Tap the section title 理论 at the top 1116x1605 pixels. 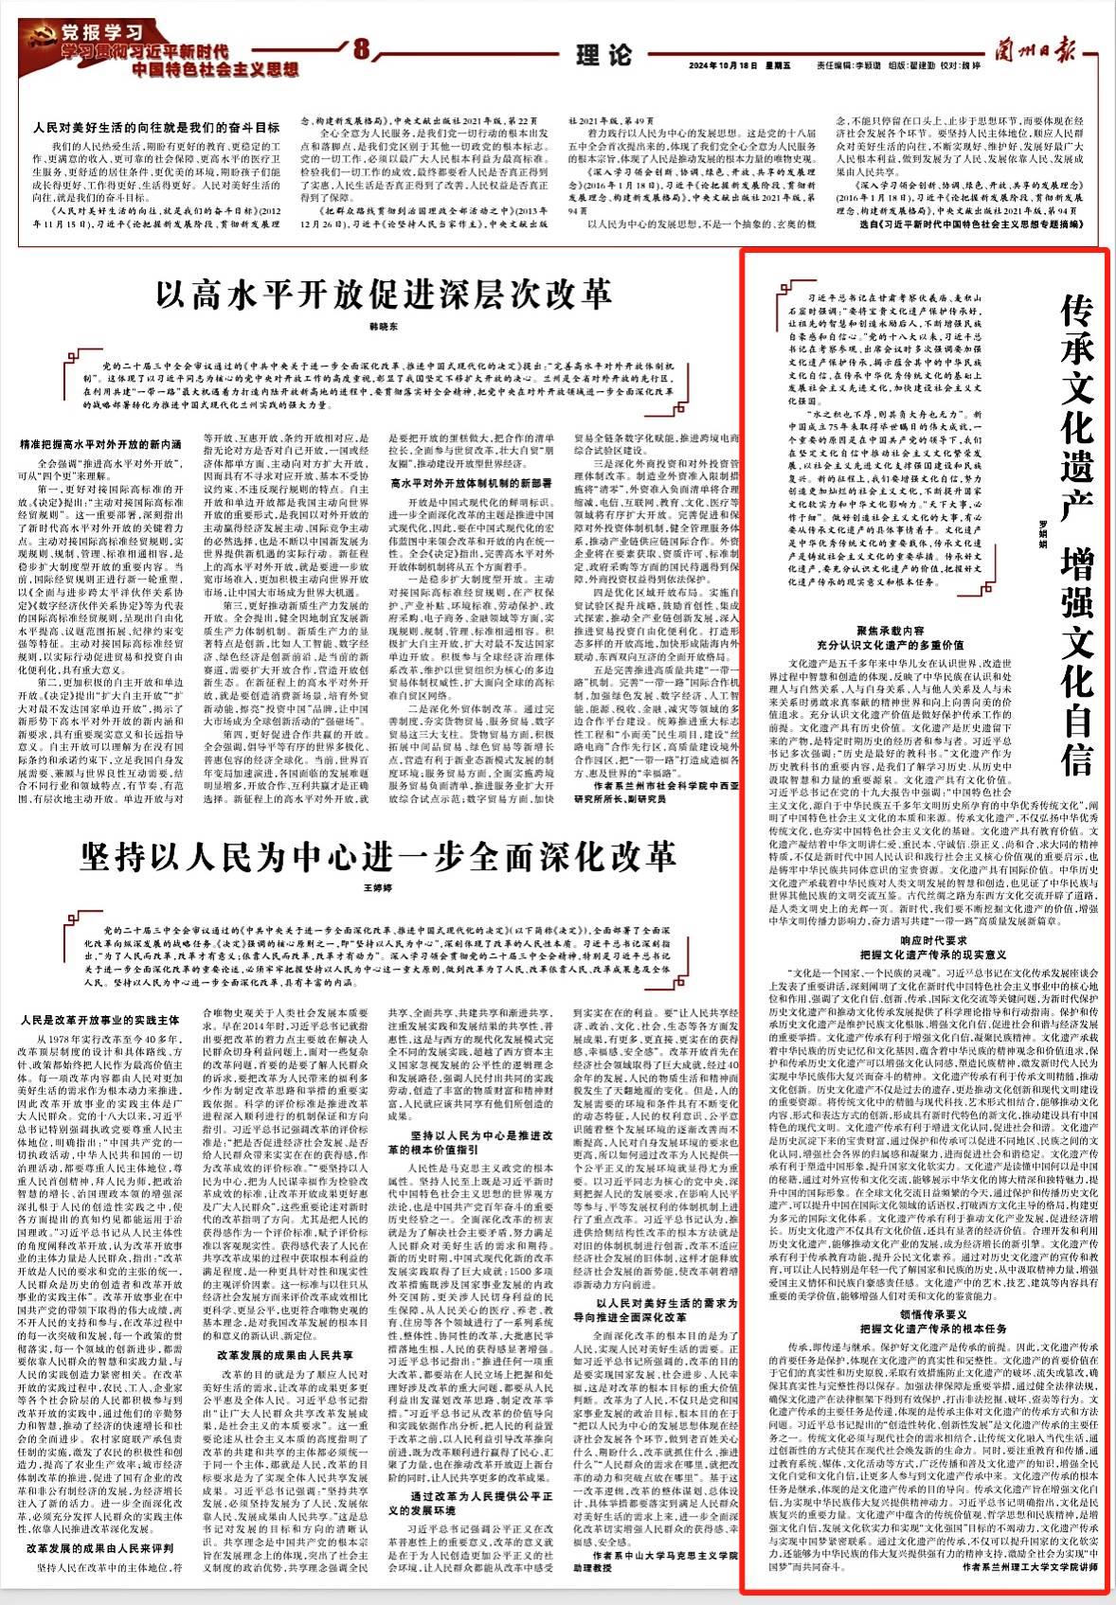[603, 55]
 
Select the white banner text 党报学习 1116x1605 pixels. [101, 34]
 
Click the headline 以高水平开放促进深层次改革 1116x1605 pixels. [384, 294]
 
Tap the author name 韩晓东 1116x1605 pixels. [384, 327]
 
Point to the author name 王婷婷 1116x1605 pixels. [378, 888]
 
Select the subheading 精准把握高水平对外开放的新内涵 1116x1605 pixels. [100, 444]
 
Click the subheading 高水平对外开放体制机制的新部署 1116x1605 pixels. [471, 483]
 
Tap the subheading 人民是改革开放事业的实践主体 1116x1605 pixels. [100, 1020]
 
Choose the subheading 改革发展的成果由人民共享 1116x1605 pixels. [284, 1355]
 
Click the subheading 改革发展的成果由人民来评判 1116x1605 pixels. [100, 1548]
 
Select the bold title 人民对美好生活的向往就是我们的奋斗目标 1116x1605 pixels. [156, 127]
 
